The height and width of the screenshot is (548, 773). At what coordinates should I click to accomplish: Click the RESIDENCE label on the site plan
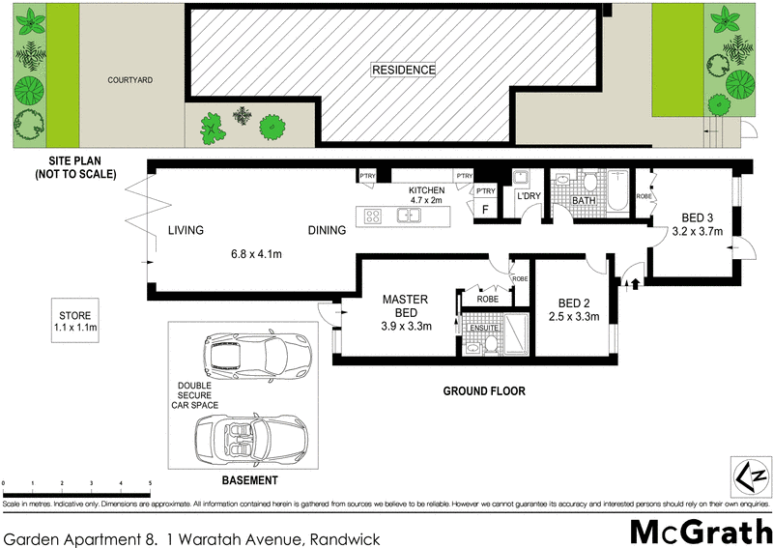tap(405, 70)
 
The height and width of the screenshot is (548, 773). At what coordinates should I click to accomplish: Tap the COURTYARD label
tap(131, 81)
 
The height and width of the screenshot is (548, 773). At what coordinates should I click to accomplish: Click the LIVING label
tap(186, 231)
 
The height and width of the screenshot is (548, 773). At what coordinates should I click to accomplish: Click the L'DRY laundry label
tap(529, 196)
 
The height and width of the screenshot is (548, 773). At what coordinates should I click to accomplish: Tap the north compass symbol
tap(751, 476)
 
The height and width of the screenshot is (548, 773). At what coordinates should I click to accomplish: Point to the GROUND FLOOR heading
tap(484, 391)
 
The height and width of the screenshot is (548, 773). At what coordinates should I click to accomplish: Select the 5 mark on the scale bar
tap(150, 482)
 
